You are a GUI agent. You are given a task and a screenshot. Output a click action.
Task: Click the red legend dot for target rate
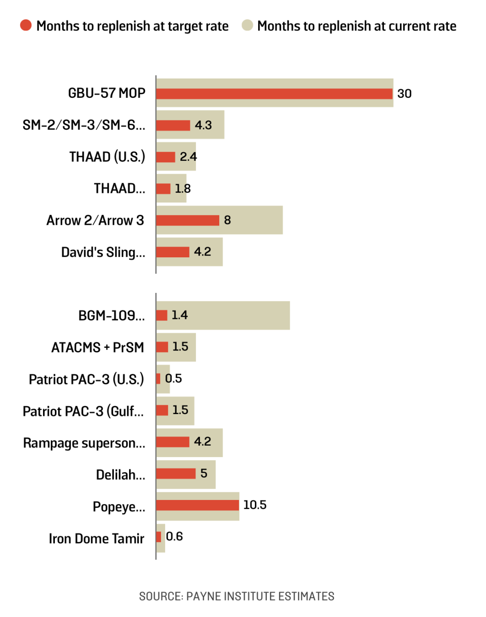[x=26, y=25]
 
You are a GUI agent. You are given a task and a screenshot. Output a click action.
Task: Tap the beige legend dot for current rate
[x=247, y=25]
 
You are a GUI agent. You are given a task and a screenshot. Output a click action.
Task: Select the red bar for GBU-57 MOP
[x=274, y=94]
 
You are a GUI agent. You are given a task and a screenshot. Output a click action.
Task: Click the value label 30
[x=404, y=94]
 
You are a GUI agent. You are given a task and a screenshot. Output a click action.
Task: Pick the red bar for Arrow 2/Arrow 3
[x=187, y=220]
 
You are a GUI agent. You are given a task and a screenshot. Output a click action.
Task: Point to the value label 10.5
[x=254, y=505]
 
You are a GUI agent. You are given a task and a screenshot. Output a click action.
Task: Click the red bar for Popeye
[x=197, y=505]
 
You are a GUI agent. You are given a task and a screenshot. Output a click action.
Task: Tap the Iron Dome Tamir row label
[x=96, y=538]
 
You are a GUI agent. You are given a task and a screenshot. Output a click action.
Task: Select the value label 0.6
[x=174, y=537]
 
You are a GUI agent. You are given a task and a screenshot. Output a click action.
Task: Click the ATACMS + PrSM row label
[x=97, y=347]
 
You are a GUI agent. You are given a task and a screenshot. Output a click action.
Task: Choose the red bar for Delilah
[x=176, y=473]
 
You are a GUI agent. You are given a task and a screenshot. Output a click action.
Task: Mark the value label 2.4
[x=188, y=157]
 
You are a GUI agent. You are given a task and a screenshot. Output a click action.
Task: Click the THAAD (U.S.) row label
[x=107, y=157]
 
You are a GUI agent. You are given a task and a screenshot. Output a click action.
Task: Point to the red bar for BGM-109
[x=162, y=315]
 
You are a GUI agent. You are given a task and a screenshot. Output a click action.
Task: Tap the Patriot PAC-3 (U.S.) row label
[x=86, y=379]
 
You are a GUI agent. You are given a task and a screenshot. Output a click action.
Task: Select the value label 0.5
[x=173, y=378]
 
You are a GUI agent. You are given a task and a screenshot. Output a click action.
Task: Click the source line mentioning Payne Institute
[x=237, y=596]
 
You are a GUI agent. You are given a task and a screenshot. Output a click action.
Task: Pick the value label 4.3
[x=203, y=125]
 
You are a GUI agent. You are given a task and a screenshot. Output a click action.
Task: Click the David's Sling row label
[x=103, y=252]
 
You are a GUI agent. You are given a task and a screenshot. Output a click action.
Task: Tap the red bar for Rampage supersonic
[x=173, y=442]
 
